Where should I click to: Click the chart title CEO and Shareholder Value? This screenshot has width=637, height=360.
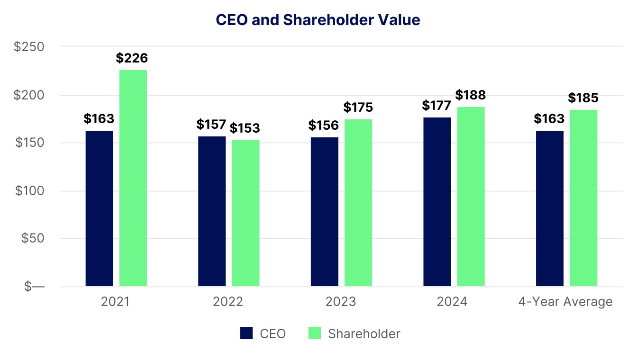tap(318, 20)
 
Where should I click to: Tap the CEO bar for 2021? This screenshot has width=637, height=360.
tap(100, 208)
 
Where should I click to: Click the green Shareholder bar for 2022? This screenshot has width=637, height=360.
tap(246, 213)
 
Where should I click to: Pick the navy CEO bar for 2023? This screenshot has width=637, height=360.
tap(325, 212)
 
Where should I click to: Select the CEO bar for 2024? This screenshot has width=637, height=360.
tap(437, 202)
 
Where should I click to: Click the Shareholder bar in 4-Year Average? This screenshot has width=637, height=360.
tap(583, 198)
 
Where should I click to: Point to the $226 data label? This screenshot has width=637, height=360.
tap(132, 58)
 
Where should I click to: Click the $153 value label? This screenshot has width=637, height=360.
tap(245, 128)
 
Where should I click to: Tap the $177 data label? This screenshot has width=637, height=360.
tap(437, 105)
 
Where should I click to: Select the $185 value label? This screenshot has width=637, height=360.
tap(583, 98)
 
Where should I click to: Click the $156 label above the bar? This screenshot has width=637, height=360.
tap(324, 126)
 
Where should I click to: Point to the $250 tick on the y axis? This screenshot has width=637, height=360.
tap(29, 47)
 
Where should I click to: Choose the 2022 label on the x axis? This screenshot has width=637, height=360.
tap(228, 302)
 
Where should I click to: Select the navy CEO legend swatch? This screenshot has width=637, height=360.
tap(246, 333)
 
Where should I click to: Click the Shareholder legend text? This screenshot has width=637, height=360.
tap(364, 333)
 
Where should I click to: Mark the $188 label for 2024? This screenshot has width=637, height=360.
tap(471, 95)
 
